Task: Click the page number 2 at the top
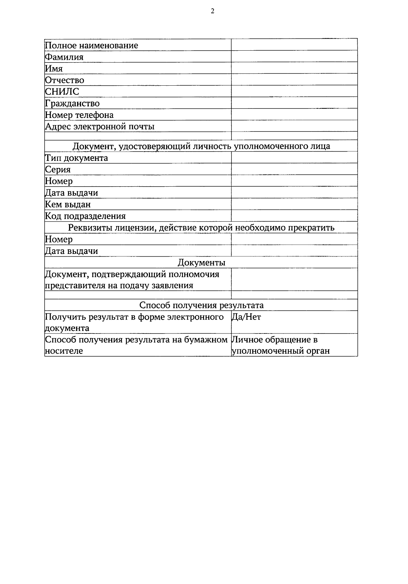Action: coord(213,11)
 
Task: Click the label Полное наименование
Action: coord(91,45)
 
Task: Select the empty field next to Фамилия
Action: coord(294,56)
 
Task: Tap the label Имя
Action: coord(54,68)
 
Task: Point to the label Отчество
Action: coord(64,80)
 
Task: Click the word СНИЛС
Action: coord(62,91)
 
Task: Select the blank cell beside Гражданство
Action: coord(294,103)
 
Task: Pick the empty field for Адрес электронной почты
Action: coord(294,126)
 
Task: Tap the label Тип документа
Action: coord(76,158)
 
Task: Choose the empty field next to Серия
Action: coord(294,169)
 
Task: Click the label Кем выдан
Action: coord(68,204)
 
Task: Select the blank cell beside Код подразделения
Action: coord(294,216)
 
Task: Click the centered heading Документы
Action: coord(201,262)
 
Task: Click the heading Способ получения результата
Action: coord(201,305)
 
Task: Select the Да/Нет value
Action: coord(246,317)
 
